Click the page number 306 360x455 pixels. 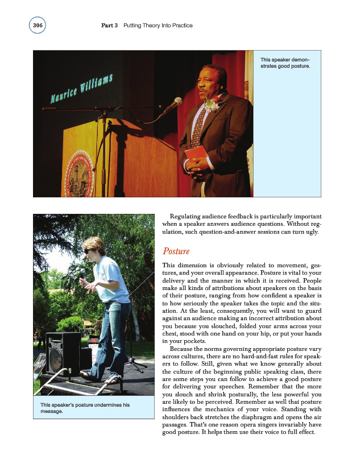[37, 26]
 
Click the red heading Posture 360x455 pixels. [176, 251]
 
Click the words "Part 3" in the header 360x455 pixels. [110, 26]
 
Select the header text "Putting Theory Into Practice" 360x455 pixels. [158, 26]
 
